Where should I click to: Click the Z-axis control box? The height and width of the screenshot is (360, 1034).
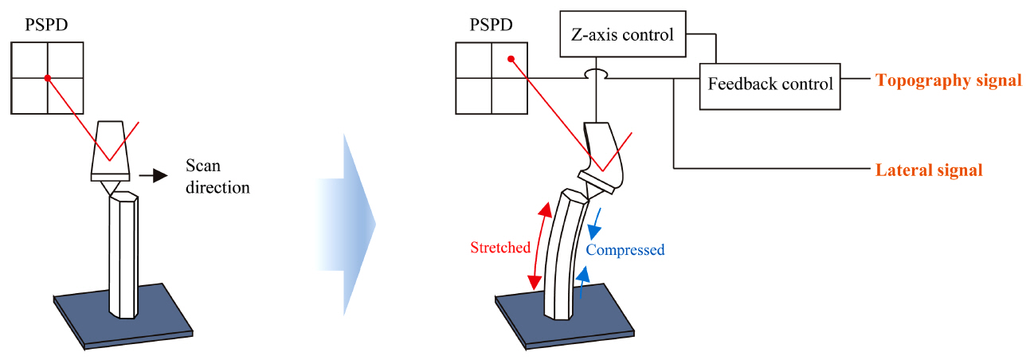coord(623,34)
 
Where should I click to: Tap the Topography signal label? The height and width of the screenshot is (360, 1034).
coord(948,80)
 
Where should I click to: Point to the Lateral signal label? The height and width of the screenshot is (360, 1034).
coord(928,170)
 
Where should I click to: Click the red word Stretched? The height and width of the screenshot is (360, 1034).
coord(499,248)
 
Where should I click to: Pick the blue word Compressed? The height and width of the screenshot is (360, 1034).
coord(625,250)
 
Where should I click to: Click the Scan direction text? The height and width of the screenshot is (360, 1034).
coord(217,177)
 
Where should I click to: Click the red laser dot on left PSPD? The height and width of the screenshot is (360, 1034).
coord(48,78)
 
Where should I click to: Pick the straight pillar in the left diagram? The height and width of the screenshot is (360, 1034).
coord(123,255)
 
